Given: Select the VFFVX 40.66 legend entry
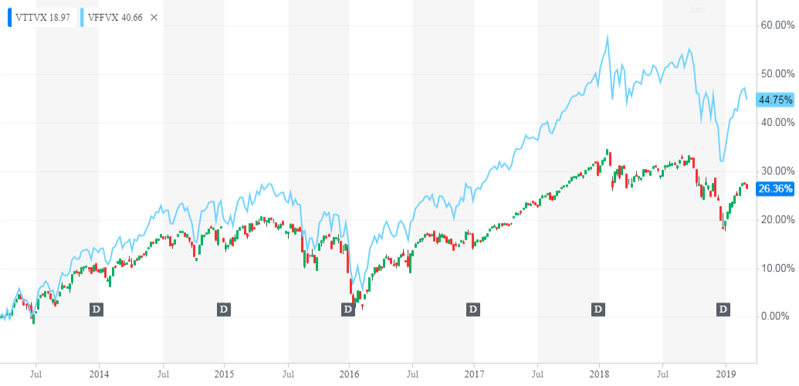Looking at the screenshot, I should [x=115, y=16].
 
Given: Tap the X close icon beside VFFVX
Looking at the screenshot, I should [x=154, y=16].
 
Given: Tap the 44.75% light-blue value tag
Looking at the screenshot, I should [x=775, y=100].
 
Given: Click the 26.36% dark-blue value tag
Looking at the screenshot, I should [x=775, y=188].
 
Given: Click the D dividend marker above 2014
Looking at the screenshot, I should [x=97, y=310].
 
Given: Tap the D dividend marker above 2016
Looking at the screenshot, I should [x=348, y=310].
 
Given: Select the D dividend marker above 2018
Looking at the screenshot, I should [x=598, y=310].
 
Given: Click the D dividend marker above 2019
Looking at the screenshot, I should [x=724, y=310].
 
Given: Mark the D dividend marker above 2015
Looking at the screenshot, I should [x=223, y=310].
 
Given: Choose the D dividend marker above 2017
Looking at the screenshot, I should [x=473, y=310].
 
